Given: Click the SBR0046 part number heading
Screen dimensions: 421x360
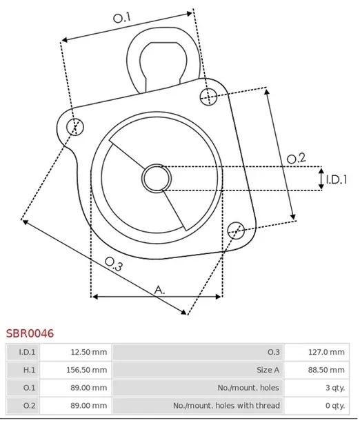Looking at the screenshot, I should pyautogui.click(x=30, y=333).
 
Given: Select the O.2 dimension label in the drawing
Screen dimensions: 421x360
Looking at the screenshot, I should pyautogui.click(x=296, y=159).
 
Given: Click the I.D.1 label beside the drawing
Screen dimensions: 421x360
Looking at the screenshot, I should pyautogui.click(x=337, y=179).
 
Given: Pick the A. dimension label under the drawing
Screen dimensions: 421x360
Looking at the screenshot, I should pyautogui.click(x=159, y=290).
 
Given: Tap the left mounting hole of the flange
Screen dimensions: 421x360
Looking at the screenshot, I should pyautogui.click(x=77, y=126).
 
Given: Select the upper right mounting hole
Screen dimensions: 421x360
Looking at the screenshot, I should pyautogui.click(x=209, y=96).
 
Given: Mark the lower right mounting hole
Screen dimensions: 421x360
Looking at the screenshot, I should pyautogui.click(x=235, y=229).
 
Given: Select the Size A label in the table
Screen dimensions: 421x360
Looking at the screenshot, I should pyautogui.click(x=268, y=370).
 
